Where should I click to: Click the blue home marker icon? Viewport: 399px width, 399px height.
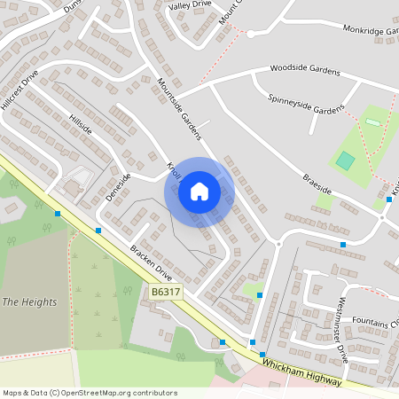point(199,192)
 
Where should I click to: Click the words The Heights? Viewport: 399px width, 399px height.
point(29,302)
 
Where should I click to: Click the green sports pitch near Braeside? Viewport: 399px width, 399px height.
point(344,160)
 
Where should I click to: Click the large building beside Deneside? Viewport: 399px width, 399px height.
point(71,187)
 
